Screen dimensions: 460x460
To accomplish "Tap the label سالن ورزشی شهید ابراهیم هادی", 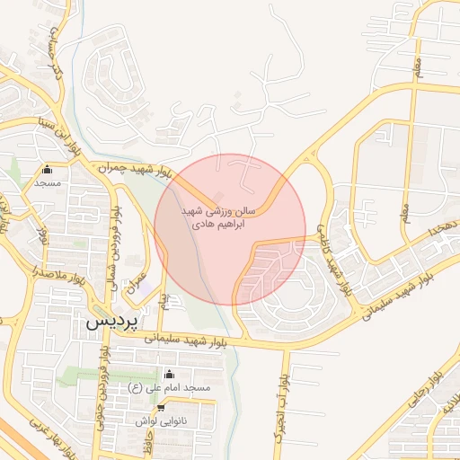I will point(218,216).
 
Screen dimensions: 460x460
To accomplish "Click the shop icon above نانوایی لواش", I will point(160,407).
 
